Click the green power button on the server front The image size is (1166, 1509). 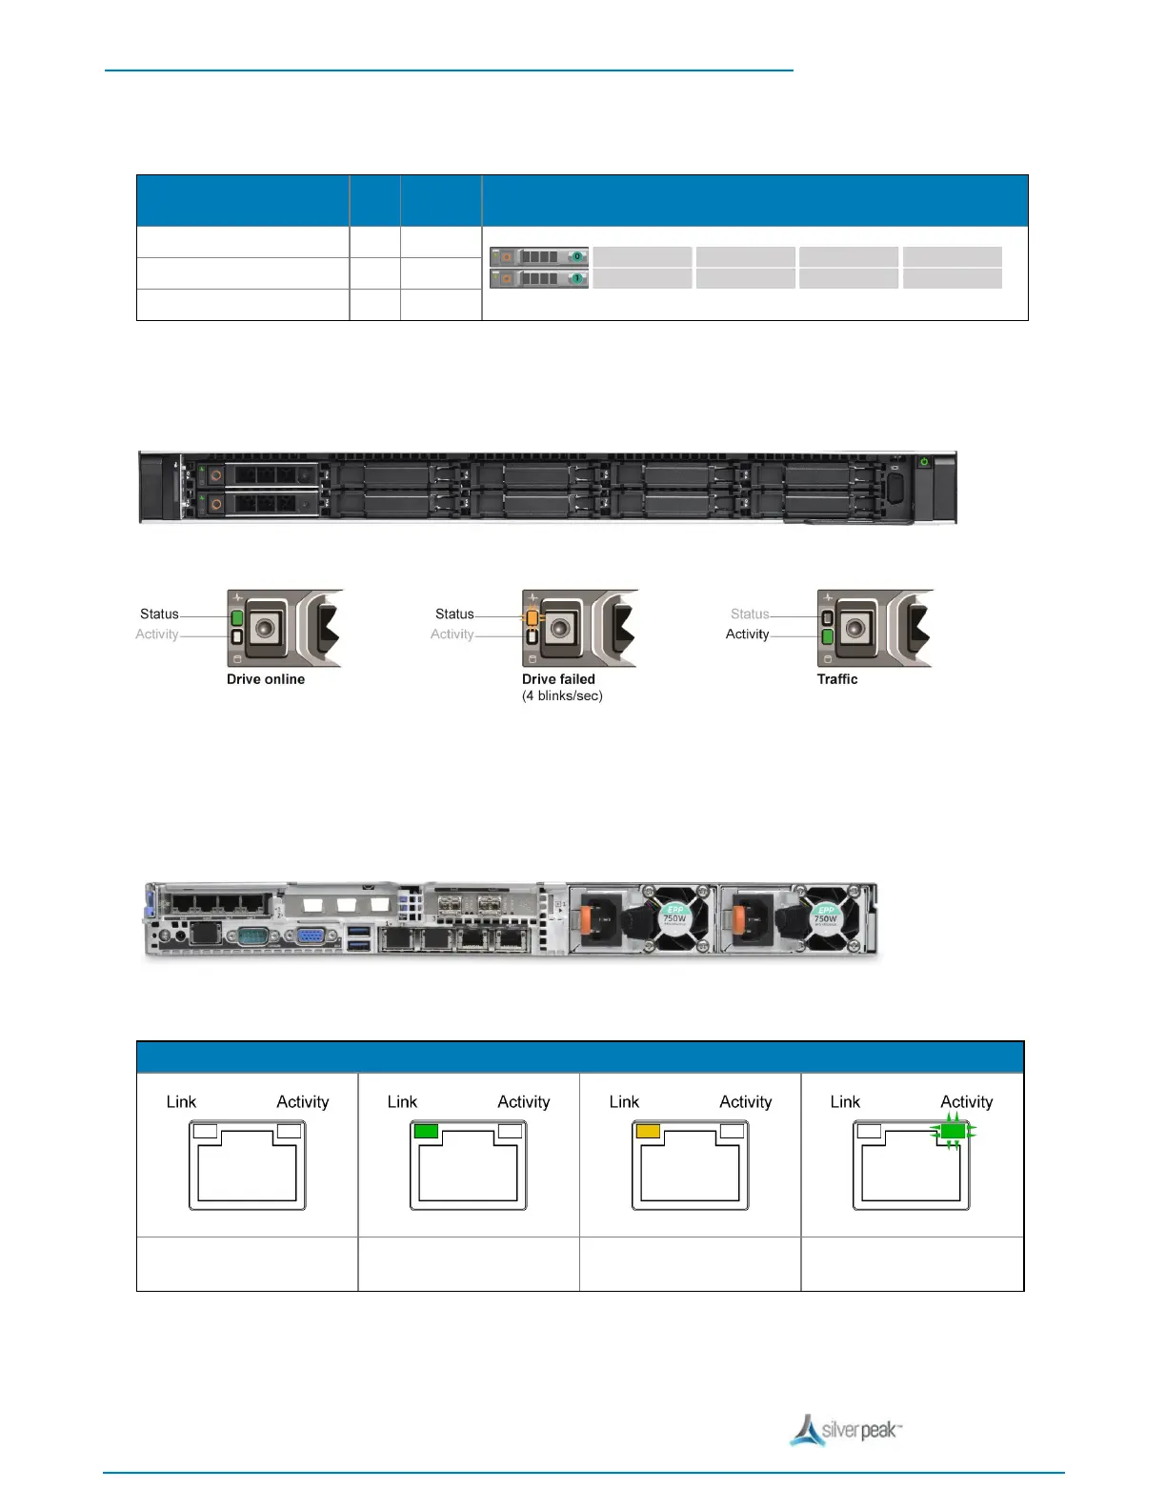(923, 462)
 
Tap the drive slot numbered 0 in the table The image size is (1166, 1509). (538, 256)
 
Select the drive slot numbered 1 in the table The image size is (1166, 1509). (538, 278)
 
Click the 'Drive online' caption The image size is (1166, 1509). (266, 679)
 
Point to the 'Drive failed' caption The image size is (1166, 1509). (558, 679)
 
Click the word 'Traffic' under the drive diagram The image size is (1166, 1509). (837, 679)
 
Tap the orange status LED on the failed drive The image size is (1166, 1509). (532, 617)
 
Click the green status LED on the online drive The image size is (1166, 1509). (237, 617)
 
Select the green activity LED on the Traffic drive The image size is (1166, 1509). (827, 635)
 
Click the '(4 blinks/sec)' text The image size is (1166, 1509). (562, 695)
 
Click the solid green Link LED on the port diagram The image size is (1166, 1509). (426, 1131)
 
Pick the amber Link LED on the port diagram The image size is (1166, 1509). (648, 1131)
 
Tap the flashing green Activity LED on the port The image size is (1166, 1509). (953, 1132)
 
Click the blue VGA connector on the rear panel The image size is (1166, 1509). (310, 935)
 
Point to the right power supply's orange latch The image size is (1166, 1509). (737, 919)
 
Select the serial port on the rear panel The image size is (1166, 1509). (252, 935)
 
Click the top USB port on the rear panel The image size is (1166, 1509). (358, 930)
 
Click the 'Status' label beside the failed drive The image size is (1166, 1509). (454, 614)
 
